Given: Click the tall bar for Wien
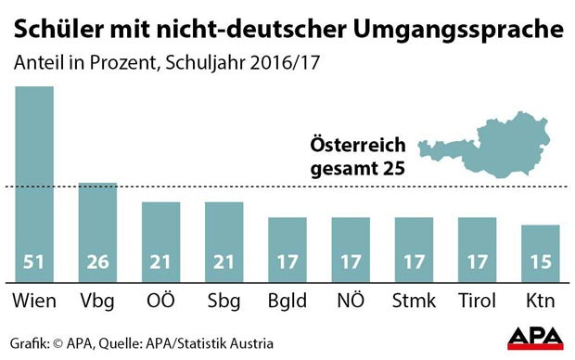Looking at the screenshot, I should coord(33,176).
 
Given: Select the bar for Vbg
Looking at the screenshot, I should coord(97,223).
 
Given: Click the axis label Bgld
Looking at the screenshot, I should coord(287,302).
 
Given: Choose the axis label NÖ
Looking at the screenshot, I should coord(350,302).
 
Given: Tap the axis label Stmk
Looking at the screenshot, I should coord(413,302).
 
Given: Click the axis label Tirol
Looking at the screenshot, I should coord(476,302).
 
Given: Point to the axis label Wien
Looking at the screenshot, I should coord(34,302).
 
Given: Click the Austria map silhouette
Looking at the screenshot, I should coord(482,148).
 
